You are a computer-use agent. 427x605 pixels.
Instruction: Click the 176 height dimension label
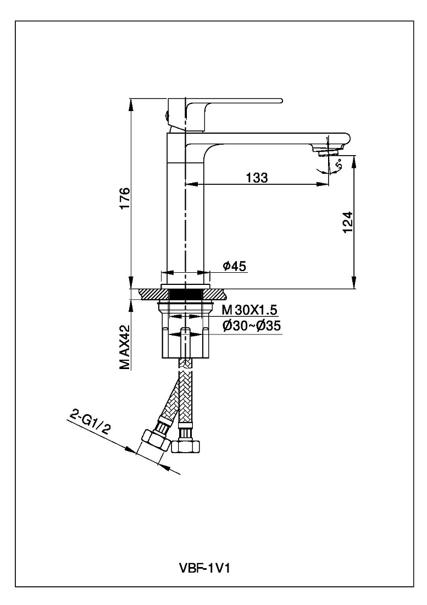[x=125, y=199]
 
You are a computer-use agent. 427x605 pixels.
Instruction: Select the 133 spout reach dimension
[x=257, y=178]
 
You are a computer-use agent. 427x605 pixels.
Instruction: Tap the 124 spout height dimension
[x=347, y=222]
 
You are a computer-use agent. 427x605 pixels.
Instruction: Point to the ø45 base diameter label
[x=234, y=266]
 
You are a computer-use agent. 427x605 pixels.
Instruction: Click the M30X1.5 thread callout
[x=249, y=310]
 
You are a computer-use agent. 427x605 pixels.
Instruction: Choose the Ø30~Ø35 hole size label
[x=252, y=326]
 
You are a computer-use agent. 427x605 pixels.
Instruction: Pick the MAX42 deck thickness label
[x=124, y=347]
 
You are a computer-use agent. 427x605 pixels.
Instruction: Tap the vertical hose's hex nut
[x=186, y=447]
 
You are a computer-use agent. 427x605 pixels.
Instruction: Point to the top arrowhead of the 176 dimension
[x=131, y=103]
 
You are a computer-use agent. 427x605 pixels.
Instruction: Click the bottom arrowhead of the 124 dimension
[x=354, y=283]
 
